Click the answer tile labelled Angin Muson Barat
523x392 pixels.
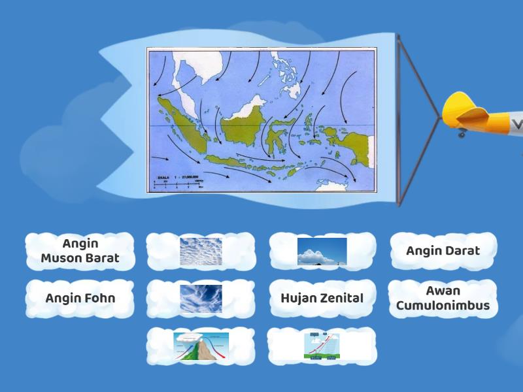tap(80, 251)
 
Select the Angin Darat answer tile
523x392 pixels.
tap(443, 251)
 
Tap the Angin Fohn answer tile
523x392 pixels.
tap(80, 299)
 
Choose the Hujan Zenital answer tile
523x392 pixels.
tap(322, 299)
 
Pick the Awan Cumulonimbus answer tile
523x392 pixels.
tap(443, 299)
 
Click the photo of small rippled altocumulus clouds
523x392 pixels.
tap(201, 252)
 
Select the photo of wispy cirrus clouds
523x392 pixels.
tap(201, 299)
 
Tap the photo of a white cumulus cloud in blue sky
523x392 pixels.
tap(322, 252)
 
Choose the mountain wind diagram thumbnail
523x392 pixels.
tap(201, 346)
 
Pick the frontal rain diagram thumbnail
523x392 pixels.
tap(322, 346)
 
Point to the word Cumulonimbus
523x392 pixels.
tap(443, 306)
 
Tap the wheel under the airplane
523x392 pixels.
tap(462, 134)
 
